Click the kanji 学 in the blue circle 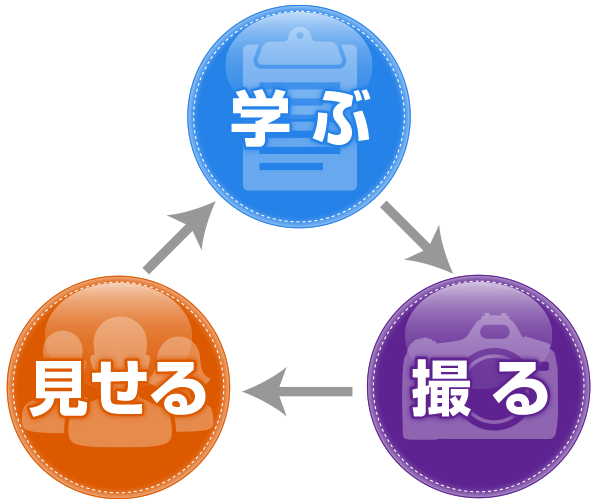point(261,117)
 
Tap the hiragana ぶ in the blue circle point(341,117)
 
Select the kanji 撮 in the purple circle point(441,387)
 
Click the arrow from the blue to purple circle point(417,238)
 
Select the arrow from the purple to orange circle point(298,391)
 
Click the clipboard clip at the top point(300,49)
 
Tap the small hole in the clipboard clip point(300,35)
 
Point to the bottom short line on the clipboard point(291,166)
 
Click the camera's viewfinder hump point(494,327)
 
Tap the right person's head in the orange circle point(178,353)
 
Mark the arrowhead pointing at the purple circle point(434,254)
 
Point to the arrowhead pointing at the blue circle point(197,220)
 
